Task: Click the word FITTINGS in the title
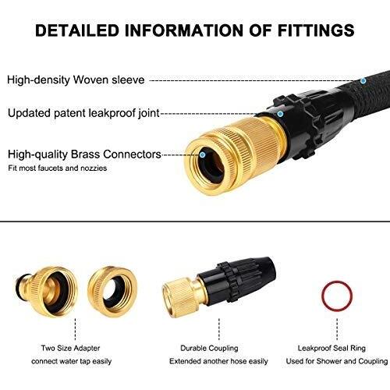click(316, 30)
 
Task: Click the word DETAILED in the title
click(77, 30)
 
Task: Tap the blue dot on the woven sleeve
click(363, 80)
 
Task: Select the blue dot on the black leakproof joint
click(280, 114)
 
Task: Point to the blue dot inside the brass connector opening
click(203, 155)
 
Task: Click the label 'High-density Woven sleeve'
click(76, 80)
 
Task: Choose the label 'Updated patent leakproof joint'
click(83, 113)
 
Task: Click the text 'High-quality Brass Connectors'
click(84, 154)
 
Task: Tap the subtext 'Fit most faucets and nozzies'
click(58, 168)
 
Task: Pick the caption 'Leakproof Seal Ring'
click(331, 348)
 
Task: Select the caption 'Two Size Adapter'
click(70, 348)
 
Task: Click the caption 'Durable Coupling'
click(209, 348)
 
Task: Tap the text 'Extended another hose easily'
click(218, 361)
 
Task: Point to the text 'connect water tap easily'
click(72, 361)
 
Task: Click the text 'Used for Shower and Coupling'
click(337, 361)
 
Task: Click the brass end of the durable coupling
click(182, 296)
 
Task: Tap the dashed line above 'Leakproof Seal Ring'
click(337, 329)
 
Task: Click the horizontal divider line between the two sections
click(195, 222)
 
